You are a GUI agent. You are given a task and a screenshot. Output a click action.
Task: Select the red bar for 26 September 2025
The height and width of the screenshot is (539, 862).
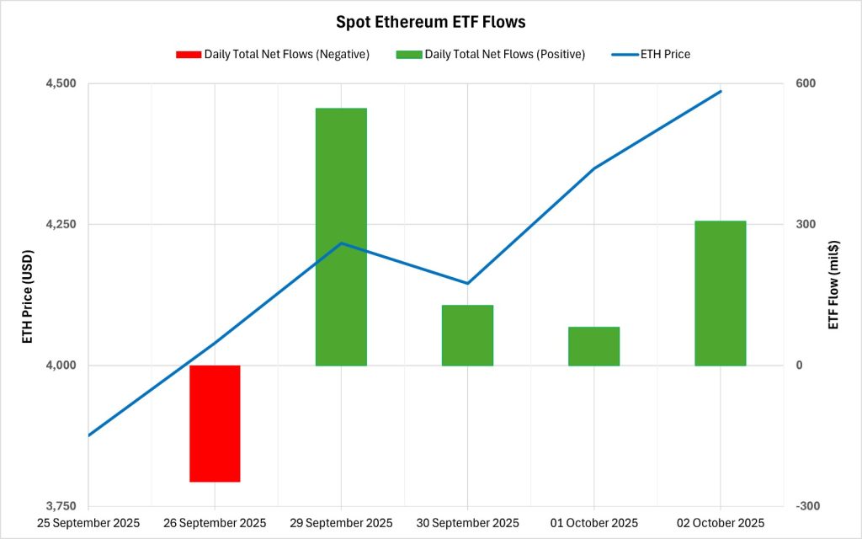click(215, 423)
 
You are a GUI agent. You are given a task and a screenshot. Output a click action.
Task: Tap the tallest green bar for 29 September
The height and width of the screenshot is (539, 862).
click(341, 237)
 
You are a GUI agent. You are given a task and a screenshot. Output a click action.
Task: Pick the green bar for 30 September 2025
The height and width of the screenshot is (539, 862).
click(467, 335)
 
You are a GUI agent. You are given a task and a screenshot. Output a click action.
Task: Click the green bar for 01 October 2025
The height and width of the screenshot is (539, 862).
click(593, 346)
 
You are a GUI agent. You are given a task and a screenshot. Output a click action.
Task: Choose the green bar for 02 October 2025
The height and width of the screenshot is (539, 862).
click(720, 293)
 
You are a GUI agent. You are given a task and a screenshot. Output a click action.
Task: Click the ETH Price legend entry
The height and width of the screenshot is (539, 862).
click(665, 55)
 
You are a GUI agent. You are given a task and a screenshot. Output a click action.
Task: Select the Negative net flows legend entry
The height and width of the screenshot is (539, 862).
click(286, 55)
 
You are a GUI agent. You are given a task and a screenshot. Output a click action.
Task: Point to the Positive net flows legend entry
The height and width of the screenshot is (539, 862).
click(504, 55)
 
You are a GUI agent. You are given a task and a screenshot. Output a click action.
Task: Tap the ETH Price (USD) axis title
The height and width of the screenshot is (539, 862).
click(28, 296)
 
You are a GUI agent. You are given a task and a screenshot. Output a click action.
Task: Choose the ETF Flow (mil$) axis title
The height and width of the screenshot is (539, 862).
click(834, 285)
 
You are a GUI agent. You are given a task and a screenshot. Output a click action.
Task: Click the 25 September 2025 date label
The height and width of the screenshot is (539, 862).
click(88, 523)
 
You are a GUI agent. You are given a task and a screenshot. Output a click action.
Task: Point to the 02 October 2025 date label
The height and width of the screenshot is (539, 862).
click(721, 523)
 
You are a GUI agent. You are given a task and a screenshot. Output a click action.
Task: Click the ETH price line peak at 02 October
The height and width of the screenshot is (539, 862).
click(721, 91)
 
